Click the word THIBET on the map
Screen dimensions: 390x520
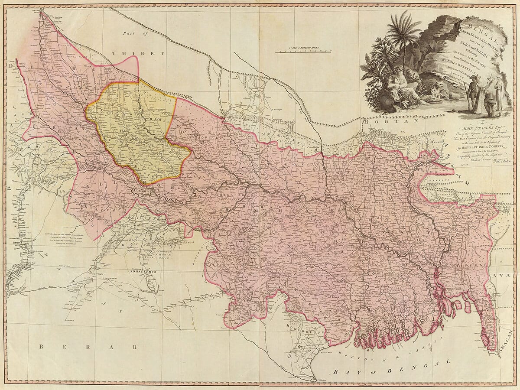[x=138, y=53]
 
